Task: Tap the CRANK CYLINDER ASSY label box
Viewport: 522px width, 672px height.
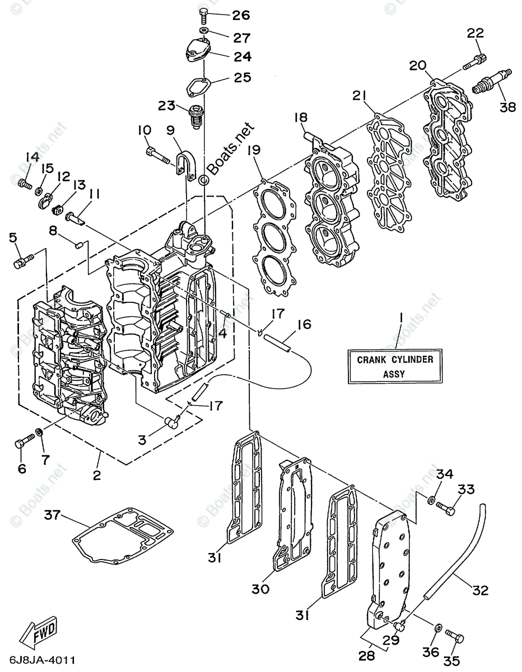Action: click(395, 366)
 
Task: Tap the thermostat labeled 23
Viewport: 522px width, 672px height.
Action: click(195, 115)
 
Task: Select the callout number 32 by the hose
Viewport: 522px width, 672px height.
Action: click(481, 590)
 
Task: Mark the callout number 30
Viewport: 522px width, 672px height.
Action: click(261, 589)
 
